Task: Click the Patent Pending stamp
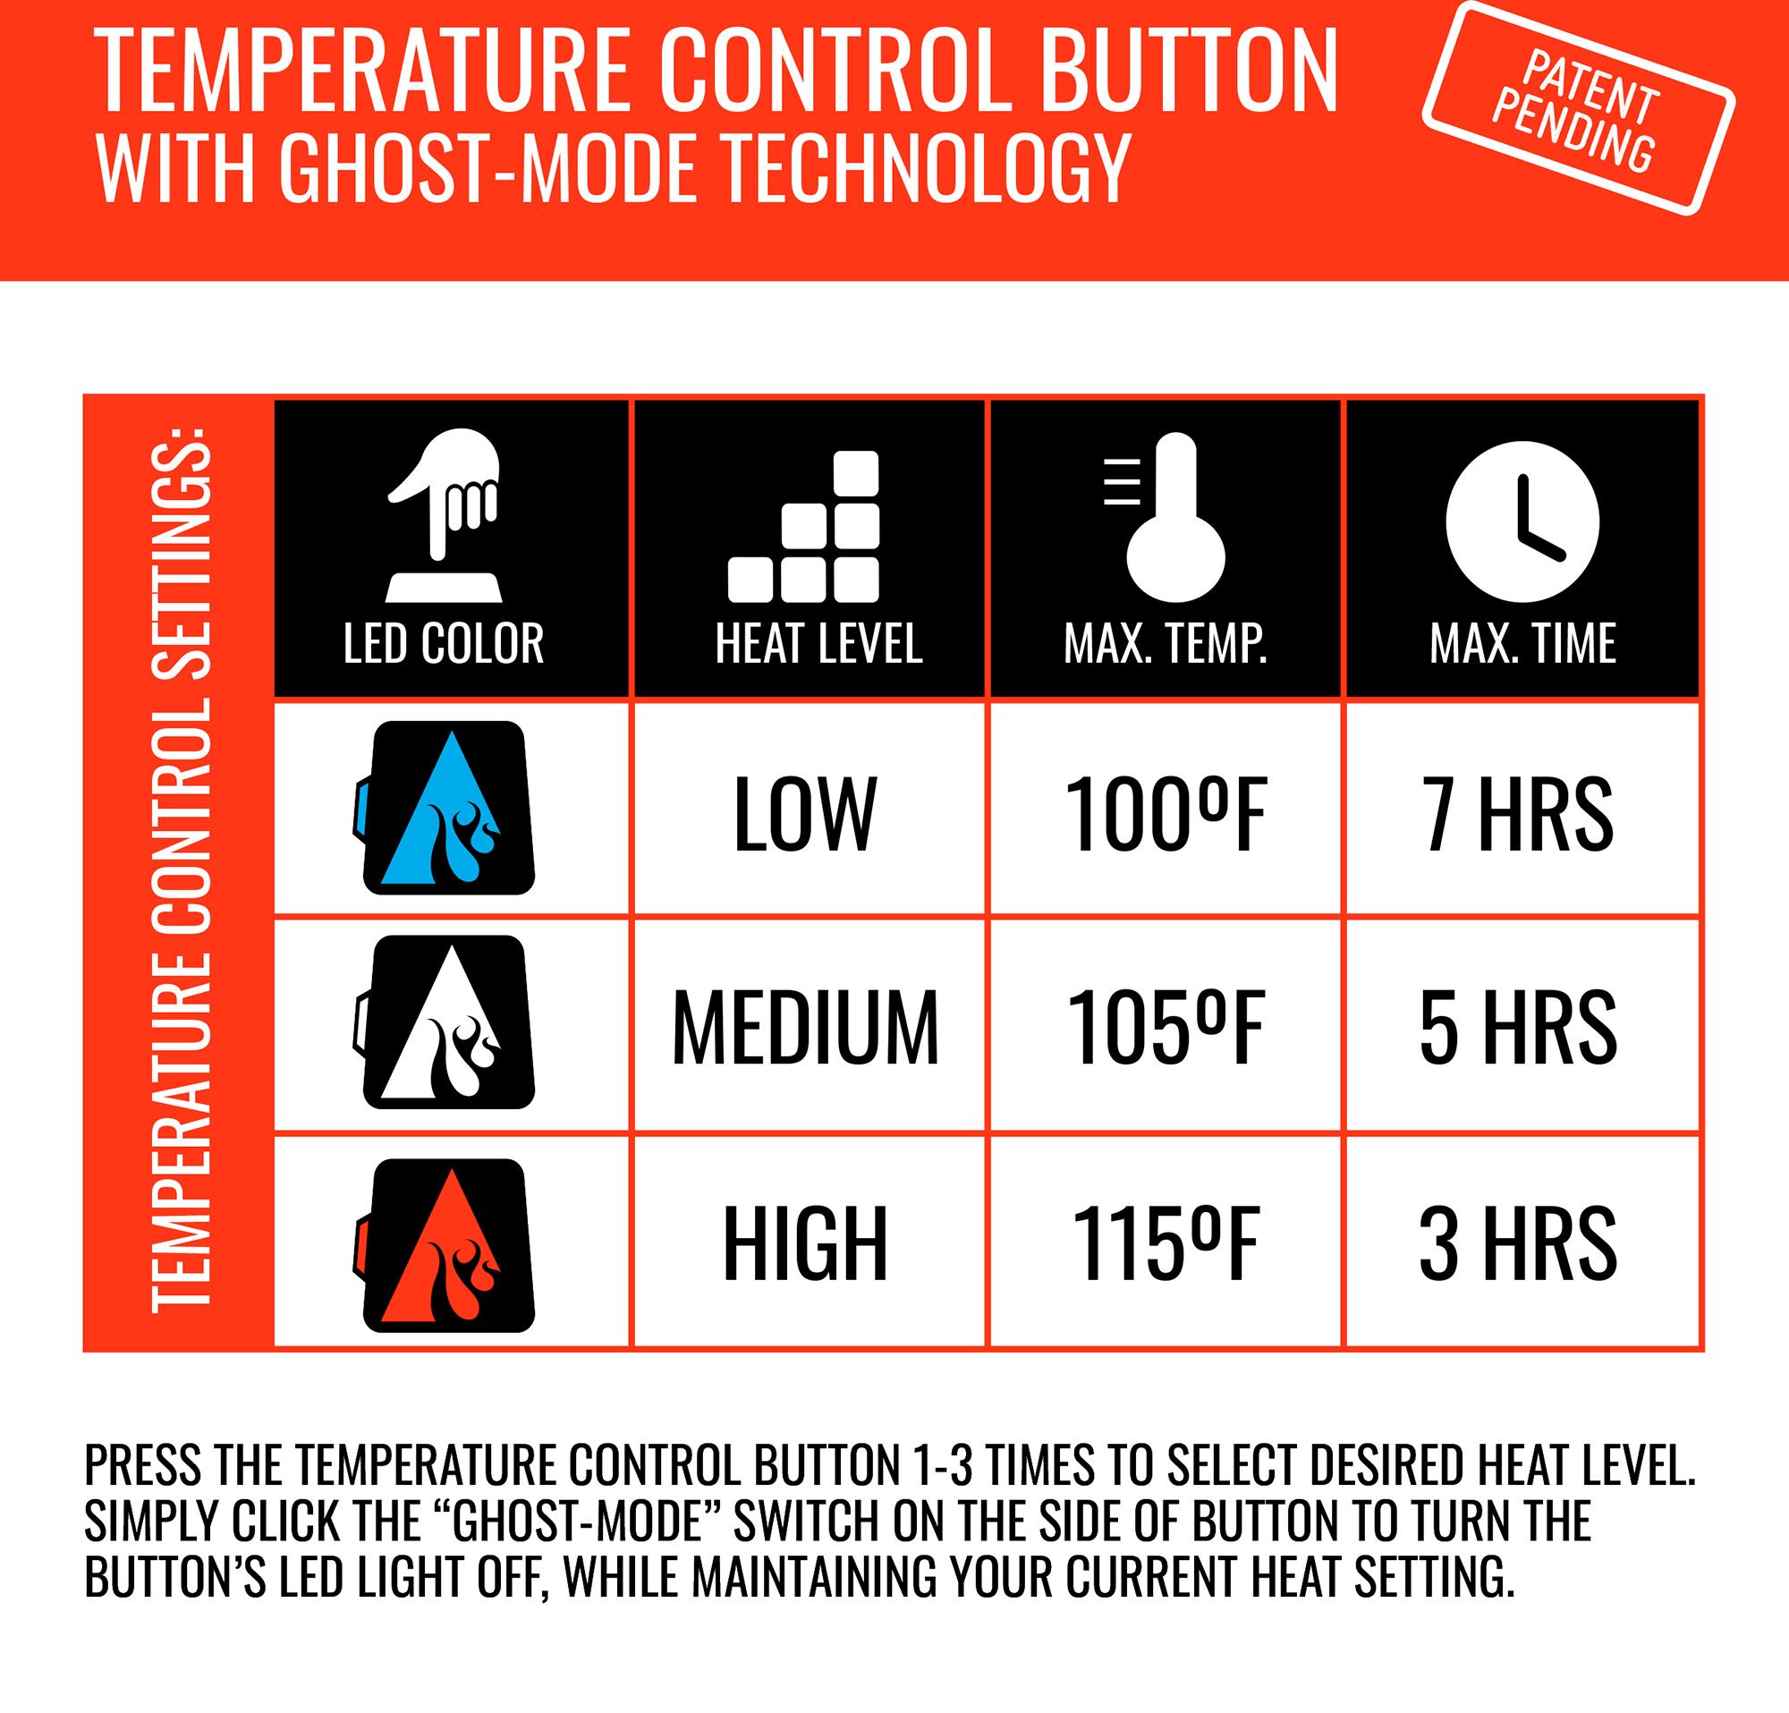pyautogui.click(x=1578, y=108)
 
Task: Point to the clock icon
pyautogui.click(x=1522, y=522)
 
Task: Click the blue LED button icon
pyautogui.click(x=445, y=808)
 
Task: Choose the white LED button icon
pyautogui.click(x=445, y=1022)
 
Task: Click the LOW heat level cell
pyautogui.click(x=804, y=813)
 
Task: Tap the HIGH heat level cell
pyautogui.click(x=805, y=1244)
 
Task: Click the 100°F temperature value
pyautogui.click(x=1166, y=813)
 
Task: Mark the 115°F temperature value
pyautogui.click(x=1166, y=1244)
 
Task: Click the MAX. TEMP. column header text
pyautogui.click(x=1166, y=643)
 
